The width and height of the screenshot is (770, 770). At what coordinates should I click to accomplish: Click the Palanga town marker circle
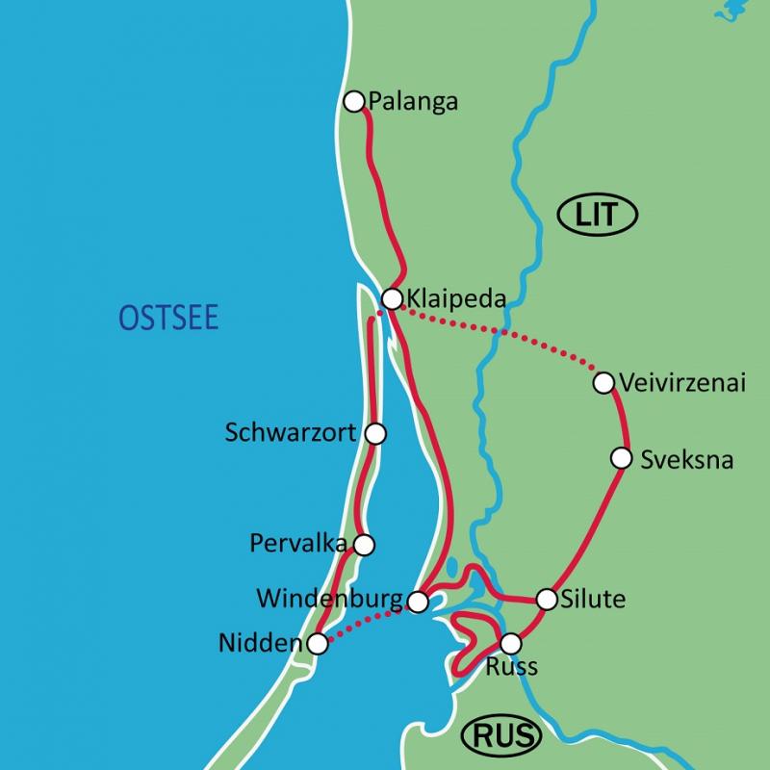(x=354, y=100)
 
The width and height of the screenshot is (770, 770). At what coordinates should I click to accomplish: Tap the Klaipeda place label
(x=456, y=298)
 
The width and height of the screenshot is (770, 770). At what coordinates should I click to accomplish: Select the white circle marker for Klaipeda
(x=391, y=298)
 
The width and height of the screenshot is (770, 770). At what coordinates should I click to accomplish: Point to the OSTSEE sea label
(x=168, y=318)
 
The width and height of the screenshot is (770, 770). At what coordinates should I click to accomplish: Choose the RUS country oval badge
(x=501, y=736)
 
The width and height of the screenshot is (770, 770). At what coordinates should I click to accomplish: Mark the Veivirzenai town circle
(x=603, y=383)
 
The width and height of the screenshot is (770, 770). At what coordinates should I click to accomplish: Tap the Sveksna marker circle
(x=622, y=458)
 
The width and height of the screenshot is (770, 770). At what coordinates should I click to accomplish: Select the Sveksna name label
(x=686, y=460)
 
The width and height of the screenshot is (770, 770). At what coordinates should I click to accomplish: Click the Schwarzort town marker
(x=376, y=434)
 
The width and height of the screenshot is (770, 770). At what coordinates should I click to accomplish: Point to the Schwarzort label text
(x=292, y=433)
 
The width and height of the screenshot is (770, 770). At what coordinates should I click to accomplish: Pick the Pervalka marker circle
(x=364, y=545)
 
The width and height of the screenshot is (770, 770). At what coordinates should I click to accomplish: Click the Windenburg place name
(x=329, y=600)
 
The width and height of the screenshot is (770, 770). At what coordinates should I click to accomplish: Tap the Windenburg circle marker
(x=418, y=603)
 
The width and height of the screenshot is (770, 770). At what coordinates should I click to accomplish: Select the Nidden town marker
(x=317, y=644)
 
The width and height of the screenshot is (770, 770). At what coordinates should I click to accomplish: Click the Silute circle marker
(x=547, y=600)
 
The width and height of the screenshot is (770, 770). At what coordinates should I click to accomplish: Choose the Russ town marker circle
(x=511, y=643)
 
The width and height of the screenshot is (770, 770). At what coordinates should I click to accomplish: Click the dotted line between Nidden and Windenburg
(x=367, y=624)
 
